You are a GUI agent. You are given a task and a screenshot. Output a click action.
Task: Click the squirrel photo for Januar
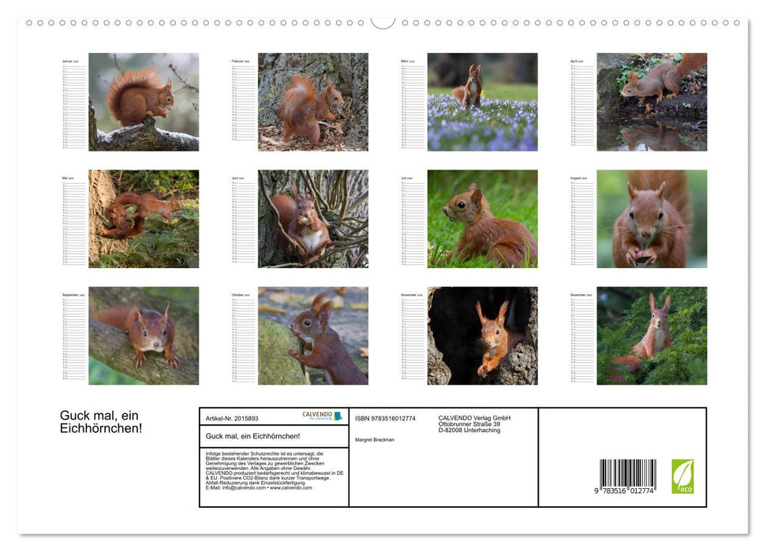144,102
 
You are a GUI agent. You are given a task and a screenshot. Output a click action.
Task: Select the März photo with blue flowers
482,102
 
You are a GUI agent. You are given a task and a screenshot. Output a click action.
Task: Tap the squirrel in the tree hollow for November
482,335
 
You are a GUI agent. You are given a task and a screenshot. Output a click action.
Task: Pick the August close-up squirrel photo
652,218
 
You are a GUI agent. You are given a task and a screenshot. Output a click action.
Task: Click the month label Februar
241,61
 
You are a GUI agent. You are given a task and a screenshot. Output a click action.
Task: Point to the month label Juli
407,178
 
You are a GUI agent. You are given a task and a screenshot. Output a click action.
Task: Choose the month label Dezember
580,295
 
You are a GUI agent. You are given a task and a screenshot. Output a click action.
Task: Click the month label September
73,295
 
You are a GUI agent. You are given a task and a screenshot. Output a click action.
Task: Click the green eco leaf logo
682,476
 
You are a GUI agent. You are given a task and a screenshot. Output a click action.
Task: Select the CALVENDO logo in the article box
322,416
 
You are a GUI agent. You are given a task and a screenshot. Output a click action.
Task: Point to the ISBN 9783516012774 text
385,418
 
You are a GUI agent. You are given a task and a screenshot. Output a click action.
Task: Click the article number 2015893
232,418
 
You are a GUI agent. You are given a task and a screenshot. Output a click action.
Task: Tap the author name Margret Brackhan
375,439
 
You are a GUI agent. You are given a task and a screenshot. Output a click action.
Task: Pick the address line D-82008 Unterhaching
469,431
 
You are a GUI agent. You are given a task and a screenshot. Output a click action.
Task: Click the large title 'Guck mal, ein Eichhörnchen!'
101,422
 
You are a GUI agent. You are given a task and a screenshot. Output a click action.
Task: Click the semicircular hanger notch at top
383,22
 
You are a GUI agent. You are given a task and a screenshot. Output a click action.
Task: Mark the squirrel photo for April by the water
652,102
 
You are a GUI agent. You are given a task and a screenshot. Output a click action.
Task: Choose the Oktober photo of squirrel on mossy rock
312,335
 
